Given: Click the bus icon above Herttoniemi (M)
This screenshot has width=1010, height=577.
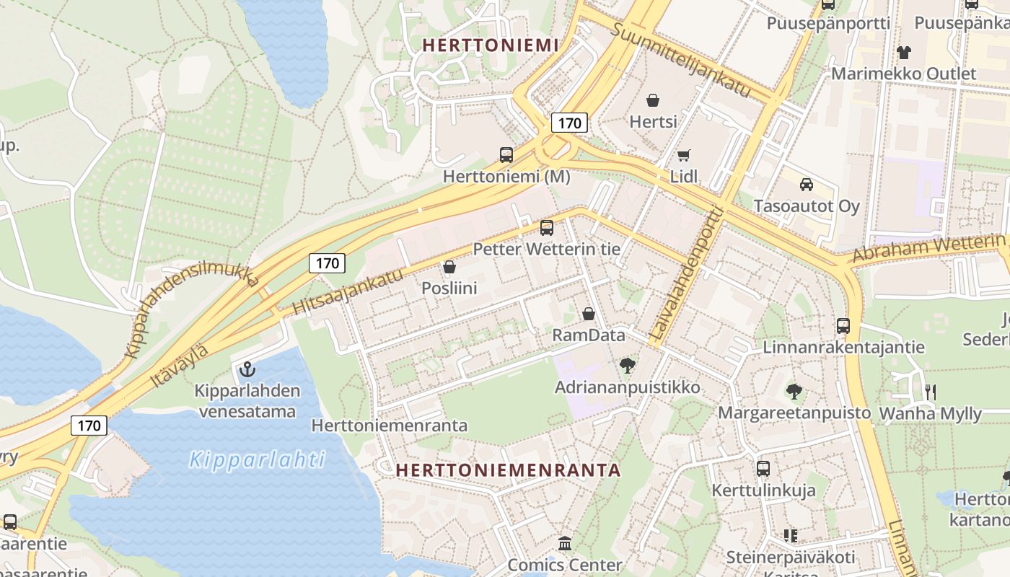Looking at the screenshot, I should tap(506, 154).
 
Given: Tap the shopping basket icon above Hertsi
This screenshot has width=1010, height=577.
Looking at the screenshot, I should tap(653, 100).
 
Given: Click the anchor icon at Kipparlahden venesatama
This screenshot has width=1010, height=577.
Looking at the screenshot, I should tap(247, 370).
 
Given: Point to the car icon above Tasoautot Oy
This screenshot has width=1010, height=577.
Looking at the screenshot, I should tap(807, 184).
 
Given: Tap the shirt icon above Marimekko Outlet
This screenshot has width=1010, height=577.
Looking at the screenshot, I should tap(903, 52).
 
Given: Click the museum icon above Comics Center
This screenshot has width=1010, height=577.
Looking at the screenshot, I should tap(565, 543).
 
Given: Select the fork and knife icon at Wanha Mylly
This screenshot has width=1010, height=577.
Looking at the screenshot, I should tap(931, 392).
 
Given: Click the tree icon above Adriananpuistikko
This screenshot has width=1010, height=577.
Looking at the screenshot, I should tap(628, 366).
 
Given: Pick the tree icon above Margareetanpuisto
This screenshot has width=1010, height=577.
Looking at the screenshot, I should tap(794, 392).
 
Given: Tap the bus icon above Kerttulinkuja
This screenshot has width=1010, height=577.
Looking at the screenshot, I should tap(763, 469).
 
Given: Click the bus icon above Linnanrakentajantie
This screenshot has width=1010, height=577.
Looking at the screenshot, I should tap(843, 326).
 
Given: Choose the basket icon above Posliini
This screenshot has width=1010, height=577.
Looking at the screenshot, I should tap(449, 267).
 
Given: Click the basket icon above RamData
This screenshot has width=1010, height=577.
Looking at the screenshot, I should tap(589, 314).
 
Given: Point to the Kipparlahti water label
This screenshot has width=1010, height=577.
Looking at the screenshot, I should tap(258, 459).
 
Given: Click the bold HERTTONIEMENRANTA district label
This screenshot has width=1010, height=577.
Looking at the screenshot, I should tap(508, 470).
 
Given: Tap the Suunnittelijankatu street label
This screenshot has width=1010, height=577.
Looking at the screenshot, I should tap(682, 61).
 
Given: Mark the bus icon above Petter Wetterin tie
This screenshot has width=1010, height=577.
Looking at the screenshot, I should tap(547, 228).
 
